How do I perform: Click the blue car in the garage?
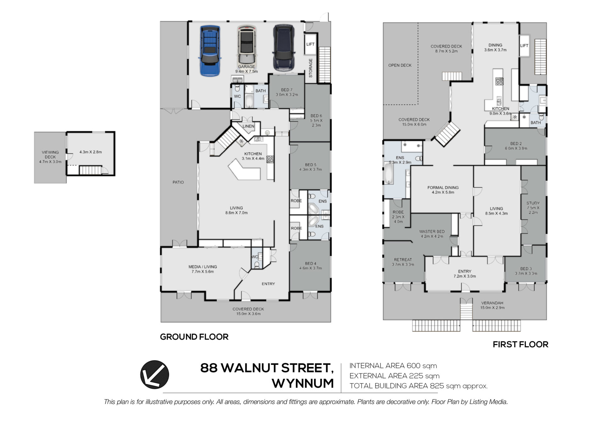(x=210, y=51)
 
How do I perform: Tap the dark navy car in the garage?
(x=284, y=48)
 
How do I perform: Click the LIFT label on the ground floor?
(x=310, y=44)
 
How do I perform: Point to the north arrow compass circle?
(x=154, y=374)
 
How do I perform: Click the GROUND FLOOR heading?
(x=194, y=337)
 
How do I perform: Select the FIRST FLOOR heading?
(x=520, y=344)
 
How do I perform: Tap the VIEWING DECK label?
(x=50, y=155)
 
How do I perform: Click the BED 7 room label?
(x=287, y=90)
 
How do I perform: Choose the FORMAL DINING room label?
(x=443, y=188)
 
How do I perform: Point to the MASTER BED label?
(x=432, y=231)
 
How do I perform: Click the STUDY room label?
(x=533, y=203)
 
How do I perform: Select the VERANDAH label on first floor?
(x=492, y=303)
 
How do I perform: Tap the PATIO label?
(x=178, y=182)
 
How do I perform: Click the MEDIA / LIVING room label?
(x=203, y=267)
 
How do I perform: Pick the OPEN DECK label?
(x=400, y=65)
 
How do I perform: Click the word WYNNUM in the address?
(x=303, y=383)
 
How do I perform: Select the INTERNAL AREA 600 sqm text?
(x=393, y=366)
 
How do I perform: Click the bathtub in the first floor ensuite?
(x=389, y=173)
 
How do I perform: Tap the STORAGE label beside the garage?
(x=310, y=68)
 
